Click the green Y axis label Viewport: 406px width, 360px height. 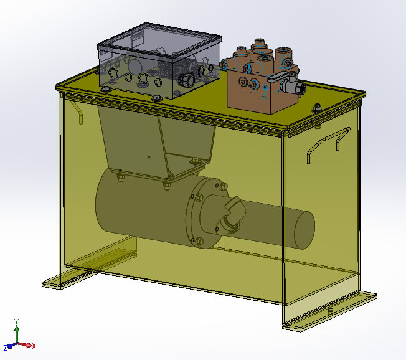(x=16, y=321)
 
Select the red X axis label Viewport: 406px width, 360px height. (x=34, y=346)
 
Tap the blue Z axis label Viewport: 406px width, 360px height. (x=5, y=348)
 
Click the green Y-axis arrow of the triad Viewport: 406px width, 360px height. (x=16, y=333)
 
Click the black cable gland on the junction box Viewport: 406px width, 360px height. (x=184, y=80)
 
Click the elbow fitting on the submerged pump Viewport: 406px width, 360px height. (x=231, y=212)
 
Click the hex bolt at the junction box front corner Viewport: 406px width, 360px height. (x=156, y=97)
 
